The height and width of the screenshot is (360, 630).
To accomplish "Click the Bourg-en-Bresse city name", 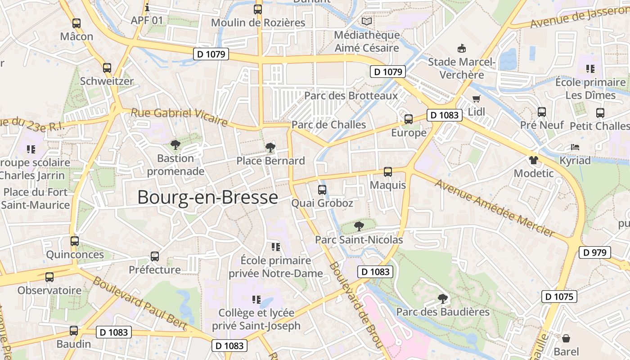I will tap(207, 198).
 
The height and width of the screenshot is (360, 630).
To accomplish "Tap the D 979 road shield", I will tap(594, 252).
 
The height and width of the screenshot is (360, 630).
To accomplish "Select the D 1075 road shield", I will tap(559, 297).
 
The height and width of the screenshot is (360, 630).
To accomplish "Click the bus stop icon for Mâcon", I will tap(76, 23).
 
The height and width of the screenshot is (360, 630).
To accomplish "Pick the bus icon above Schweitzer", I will tap(107, 68).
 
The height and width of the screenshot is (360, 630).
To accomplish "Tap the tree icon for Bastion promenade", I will tap(175, 145).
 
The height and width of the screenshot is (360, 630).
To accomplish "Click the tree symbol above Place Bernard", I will tap(270, 147).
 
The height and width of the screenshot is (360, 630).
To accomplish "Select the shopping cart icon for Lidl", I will tap(476, 99).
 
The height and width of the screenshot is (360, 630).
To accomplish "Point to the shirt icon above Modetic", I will tap(533, 160).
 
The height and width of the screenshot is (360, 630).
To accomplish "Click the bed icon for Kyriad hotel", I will tap(575, 147).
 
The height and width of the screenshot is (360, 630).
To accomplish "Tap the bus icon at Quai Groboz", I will tap(322, 190).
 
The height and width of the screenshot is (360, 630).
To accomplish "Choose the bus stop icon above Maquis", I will tap(387, 172).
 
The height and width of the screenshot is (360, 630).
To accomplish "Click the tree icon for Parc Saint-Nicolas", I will tap(359, 226).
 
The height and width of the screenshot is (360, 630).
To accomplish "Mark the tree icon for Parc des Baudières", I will tap(443, 298).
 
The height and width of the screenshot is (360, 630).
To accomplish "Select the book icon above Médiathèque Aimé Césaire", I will tap(367, 21).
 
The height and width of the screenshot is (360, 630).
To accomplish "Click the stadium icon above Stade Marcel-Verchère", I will tap(461, 48).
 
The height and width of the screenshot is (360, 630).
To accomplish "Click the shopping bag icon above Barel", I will tap(566, 338).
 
